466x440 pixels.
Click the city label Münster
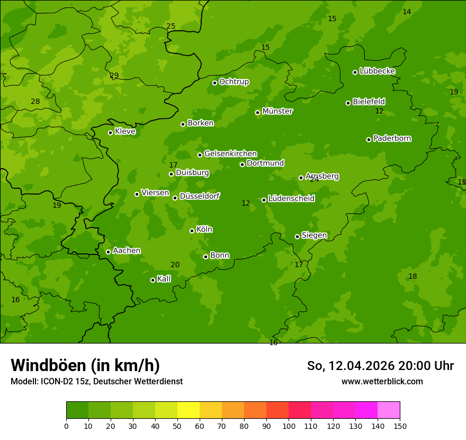[x=277, y=111]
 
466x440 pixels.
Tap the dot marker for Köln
[x=192, y=231]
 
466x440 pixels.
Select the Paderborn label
[x=392, y=138]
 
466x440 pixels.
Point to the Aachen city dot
[x=108, y=252]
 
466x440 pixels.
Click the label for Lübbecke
[x=377, y=71]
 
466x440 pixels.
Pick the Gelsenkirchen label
[x=230, y=154]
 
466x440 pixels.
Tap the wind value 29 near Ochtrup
[x=114, y=76]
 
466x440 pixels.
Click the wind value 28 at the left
[x=35, y=102]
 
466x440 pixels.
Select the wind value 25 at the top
[x=171, y=26]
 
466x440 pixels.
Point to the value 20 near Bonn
[x=175, y=265]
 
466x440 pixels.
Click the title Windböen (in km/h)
[x=85, y=365]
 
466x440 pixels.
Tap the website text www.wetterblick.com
[x=382, y=381]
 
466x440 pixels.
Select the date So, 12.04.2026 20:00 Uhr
[x=380, y=366]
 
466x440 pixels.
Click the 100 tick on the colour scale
[x=289, y=426]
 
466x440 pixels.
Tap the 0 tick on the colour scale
[x=66, y=426]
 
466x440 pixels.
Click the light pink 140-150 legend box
[x=389, y=410]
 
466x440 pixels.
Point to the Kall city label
[x=164, y=279]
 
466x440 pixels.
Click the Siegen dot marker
[x=297, y=236]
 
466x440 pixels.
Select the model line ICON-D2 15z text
[x=96, y=381]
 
